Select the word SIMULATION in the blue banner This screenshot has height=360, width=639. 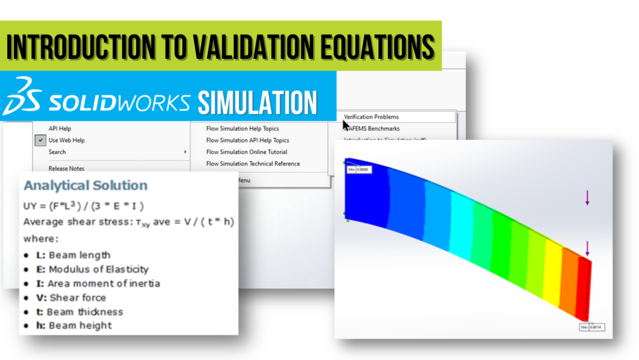(x=257, y=102)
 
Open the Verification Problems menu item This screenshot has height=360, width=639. (x=371, y=117)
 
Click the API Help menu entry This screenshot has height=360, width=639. (x=60, y=129)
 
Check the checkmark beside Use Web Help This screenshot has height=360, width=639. (x=41, y=140)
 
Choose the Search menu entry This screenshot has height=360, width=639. (x=57, y=152)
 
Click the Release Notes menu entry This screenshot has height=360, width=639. (x=66, y=168)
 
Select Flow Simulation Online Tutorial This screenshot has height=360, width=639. (x=247, y=152)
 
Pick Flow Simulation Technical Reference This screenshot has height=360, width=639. (x=253, y=164)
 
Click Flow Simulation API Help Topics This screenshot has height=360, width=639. (x=247, y=140)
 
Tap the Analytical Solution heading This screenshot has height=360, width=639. (x=86, y=185)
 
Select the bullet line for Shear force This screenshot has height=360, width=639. (x=71, y=297)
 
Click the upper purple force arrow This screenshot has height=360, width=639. (x=587, y=198)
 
